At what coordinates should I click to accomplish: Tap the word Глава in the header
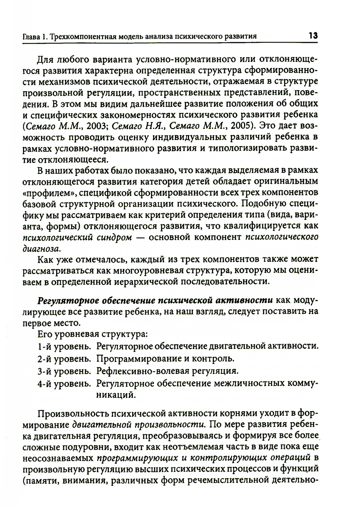click(31, 37)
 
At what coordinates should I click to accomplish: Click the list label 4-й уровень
click(63, 383)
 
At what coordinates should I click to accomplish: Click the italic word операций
click(290, 458)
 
